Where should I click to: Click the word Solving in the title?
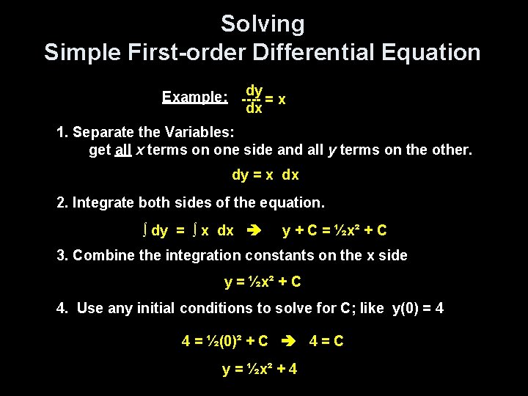[263, 24]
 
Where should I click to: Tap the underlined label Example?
[194, 97]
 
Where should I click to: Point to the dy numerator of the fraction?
[254, 90]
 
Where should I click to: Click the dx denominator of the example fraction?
[254, 109]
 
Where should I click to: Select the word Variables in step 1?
[194, 133]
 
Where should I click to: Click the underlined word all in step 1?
[124, 150]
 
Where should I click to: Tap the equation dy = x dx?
[265, 175]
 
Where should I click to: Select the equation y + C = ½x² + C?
[334, 230]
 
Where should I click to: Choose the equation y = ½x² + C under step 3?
[263, 282]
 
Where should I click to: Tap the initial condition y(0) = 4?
[417, 308]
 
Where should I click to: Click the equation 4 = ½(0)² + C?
[224, 341]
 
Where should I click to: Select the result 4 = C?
[326, 341]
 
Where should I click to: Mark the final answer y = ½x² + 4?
[260, 369]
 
